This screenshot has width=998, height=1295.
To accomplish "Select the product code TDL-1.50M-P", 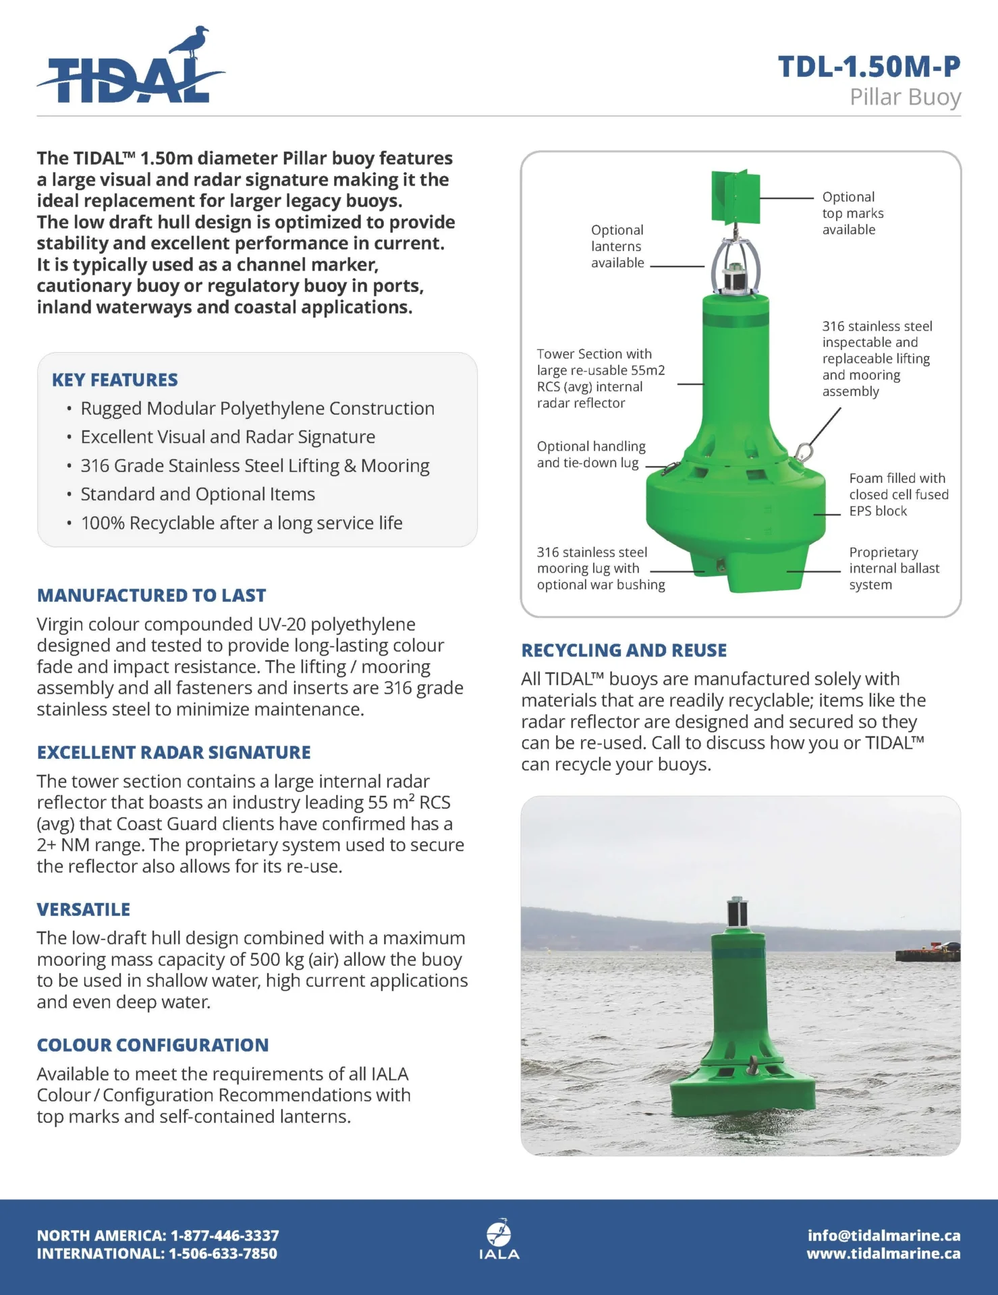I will tap(869, 66).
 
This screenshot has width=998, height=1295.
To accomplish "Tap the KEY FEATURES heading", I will tap(115, 380).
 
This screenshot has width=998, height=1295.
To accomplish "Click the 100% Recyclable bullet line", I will tap(242, 523).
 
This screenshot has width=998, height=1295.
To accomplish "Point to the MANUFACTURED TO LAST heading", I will tap(151, 596).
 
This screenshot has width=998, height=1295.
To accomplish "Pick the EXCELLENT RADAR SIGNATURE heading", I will tap(173, 752).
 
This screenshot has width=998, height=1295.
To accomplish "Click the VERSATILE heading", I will tap(83, 909).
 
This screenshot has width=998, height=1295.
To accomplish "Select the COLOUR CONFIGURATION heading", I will tap(153, 1045).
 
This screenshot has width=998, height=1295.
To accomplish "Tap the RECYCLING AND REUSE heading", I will tap(623, 650).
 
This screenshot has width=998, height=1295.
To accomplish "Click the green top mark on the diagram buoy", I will tap(736, 197).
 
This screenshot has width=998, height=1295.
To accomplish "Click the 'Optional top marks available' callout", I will tap(852, 213).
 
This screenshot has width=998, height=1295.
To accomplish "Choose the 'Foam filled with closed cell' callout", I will tap(898, 494).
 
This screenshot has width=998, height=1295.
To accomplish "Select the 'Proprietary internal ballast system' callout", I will tap(893, 569).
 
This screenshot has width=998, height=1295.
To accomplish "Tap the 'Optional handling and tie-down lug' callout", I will tap(590, 454).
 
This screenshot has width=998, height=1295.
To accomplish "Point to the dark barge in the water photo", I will tap(927, 953).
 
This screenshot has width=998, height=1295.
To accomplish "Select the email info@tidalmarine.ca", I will tap(883, 1236).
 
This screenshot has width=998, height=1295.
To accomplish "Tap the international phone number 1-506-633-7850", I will tap(223, 1254).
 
